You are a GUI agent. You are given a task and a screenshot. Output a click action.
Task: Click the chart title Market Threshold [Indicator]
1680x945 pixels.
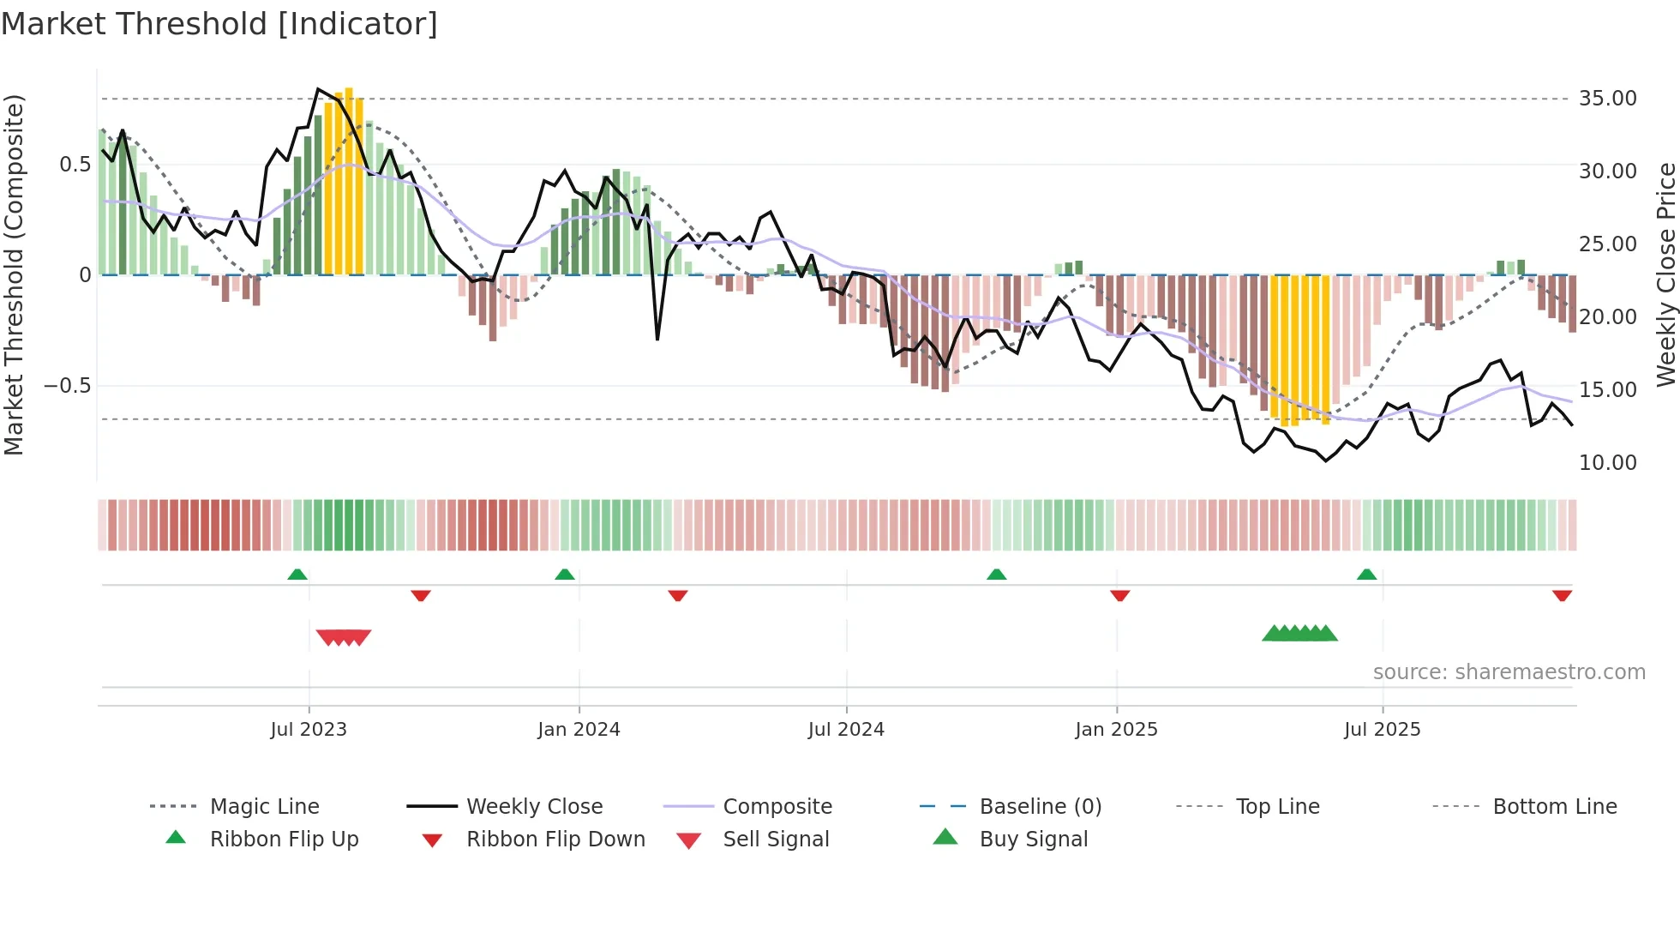(x=219, y=24)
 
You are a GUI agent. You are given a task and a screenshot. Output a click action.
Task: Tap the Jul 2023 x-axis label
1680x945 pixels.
(x=309, y=730)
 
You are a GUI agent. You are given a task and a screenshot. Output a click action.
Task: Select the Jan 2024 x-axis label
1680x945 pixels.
(x=579, y=730)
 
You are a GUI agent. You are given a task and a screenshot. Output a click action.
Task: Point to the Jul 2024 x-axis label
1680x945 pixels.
(x=846, y=730)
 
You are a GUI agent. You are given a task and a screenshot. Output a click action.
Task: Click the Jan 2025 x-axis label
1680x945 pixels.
(x=1116, y=730)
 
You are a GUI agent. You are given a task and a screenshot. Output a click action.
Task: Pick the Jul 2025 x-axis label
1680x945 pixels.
(x=1382, y=730)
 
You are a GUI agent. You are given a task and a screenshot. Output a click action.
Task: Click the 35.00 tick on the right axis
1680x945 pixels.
(x=1607, y=99)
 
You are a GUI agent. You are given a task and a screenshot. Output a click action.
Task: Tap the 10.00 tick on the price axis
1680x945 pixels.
(x=1607, y=463)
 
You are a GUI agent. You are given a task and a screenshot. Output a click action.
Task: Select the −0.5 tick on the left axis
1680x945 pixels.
(x=67, y=386)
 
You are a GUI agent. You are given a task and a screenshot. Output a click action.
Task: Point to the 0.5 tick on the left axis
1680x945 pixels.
(x=75, y=165)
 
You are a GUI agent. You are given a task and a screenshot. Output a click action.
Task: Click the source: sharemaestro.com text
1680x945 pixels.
(x=1509, y=672)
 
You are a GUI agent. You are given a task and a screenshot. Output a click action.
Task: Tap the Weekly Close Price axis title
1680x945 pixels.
(x=1665, y=274)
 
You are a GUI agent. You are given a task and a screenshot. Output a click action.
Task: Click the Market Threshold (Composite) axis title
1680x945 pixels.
(x=14, y=274)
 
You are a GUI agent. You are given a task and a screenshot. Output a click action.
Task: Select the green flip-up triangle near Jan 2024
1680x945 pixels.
(x=565, y=575)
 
